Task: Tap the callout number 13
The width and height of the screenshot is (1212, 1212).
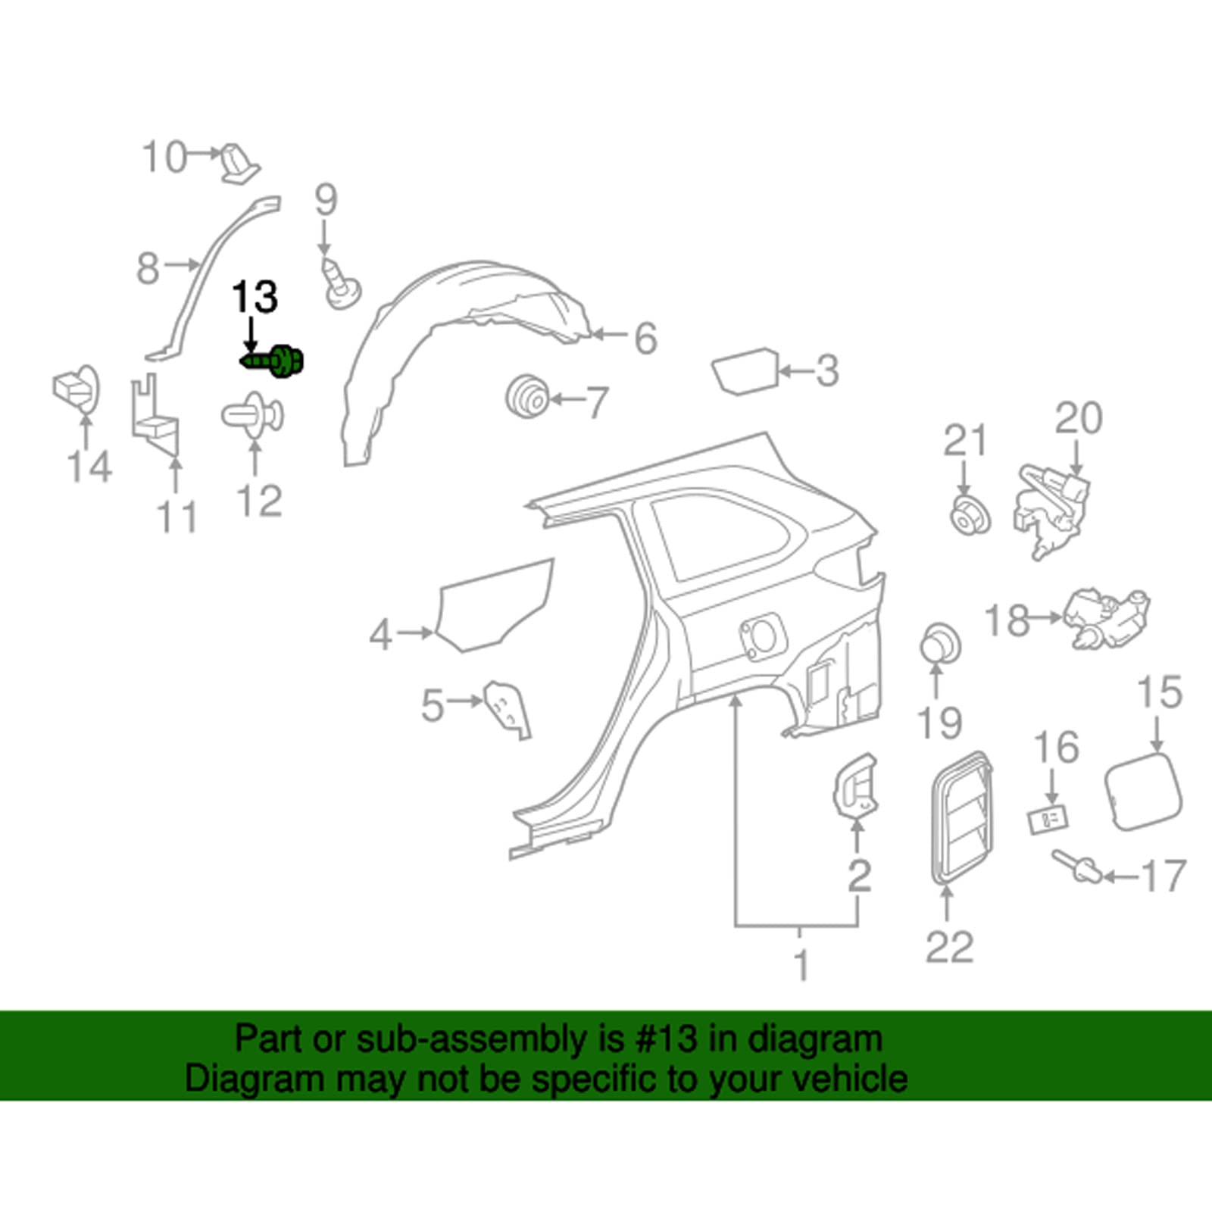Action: pos(255,297)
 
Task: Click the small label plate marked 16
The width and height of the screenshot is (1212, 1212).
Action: pos(1048,820)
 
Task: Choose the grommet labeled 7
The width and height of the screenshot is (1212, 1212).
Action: pos(527,396)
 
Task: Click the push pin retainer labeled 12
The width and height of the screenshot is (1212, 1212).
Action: pos(253,415)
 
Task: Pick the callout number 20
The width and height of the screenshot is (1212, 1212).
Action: pos(1079,419)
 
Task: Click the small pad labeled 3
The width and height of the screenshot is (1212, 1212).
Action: pos(745,371)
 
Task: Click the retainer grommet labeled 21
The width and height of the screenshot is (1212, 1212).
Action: pos(969,517)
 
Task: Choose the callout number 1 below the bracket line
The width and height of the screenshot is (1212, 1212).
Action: pos(801,966)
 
